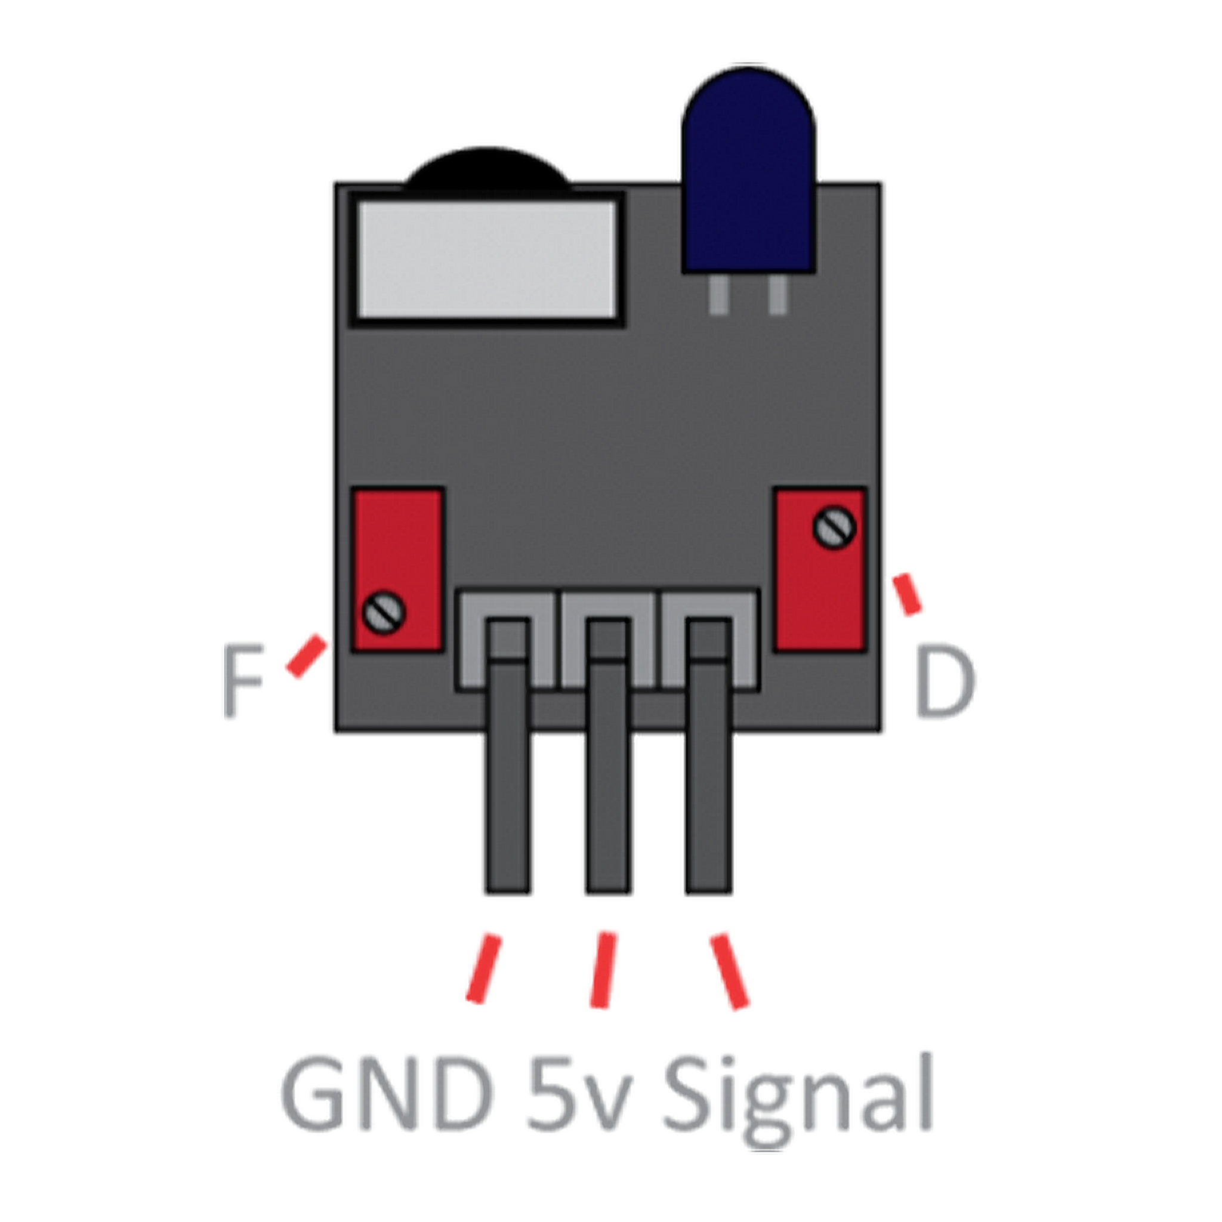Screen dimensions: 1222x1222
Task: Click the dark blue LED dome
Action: click(x=748, y=171)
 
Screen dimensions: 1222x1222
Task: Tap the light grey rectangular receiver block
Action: click(x=486, y=260)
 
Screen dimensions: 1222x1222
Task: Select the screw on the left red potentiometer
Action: click(x=384, y=612)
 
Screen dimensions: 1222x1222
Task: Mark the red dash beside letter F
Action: click(x=307, y=657)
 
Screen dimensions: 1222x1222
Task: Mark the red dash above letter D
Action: click(x=907, y=594)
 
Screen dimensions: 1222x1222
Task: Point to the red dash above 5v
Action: click(x=602, y=970)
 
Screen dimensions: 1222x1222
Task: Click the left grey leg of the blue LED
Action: click(x=718, y=295)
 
